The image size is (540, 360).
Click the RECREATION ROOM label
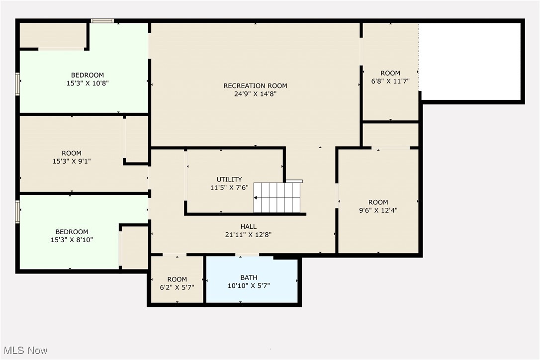(255, 86)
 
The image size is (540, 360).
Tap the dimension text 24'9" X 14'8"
(255, 93)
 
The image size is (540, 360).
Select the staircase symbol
(277, 197)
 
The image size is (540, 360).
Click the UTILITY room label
(229, 180)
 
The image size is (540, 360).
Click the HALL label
(248, 227)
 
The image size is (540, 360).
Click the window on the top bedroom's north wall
(102, 21)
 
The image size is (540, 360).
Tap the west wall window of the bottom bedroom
(18, 212)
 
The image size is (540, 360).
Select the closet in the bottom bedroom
(134, 248)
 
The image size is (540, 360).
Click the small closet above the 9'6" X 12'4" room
(390, 134)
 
